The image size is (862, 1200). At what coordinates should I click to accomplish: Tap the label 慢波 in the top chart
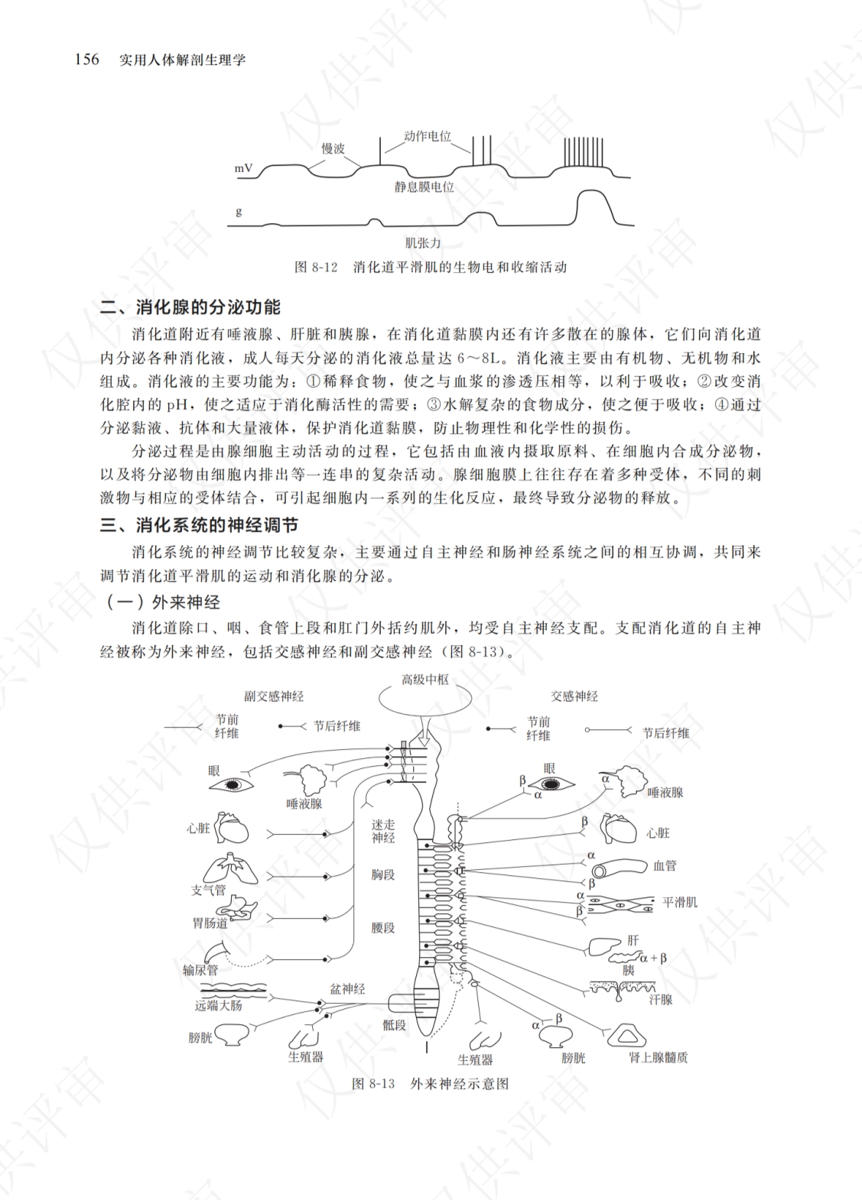click(333, 148)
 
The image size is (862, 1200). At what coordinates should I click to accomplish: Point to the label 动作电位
click(428, 137)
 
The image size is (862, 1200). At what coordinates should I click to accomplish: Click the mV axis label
click(243, 169)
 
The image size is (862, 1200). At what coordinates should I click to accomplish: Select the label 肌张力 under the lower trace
click(422, 243)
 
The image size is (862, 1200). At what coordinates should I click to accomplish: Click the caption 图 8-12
click(317, 267)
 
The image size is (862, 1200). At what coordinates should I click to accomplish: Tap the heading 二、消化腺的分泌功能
click(190, 307)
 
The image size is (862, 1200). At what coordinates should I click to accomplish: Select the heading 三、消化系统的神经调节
click(199, 525)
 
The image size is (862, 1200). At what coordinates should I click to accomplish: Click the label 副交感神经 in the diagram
click(274, 696)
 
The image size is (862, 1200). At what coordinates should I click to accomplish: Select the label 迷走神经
click(383, 832)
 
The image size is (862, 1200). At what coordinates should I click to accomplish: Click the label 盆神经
click(347, 990)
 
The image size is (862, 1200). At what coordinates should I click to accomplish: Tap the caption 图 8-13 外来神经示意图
click(431, 1084)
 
